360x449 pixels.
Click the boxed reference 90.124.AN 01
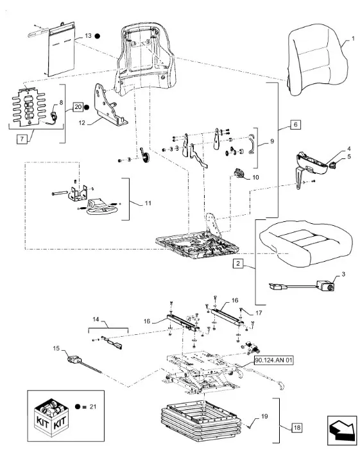(273, 360)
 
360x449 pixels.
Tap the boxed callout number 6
(295, 124)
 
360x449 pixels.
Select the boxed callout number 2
(238, 264)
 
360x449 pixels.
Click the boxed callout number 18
(297, 428)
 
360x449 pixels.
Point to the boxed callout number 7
(22, 139)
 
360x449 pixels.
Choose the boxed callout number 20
(78, 107)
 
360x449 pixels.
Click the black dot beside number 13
(97, 36)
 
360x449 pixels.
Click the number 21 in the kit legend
(93, 407)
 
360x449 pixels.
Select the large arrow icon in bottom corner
(341, 429)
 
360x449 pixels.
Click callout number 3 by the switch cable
(343, 275)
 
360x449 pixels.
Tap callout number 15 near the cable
(56, 348)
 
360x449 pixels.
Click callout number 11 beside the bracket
(148, 203)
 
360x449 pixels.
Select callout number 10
(255, 178)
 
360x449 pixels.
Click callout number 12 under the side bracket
(82, 123)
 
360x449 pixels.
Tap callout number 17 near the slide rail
(259, 313)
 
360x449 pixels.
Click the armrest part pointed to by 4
(312, 165)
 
